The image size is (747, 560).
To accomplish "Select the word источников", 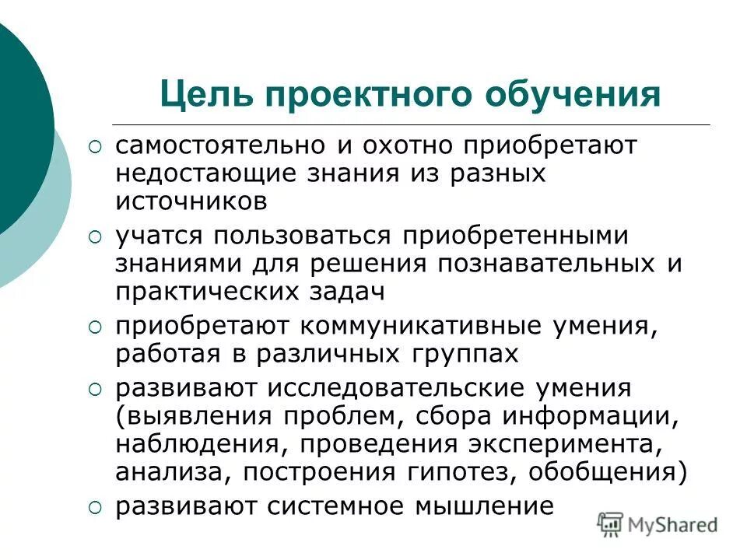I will click(x=192, y=201).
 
